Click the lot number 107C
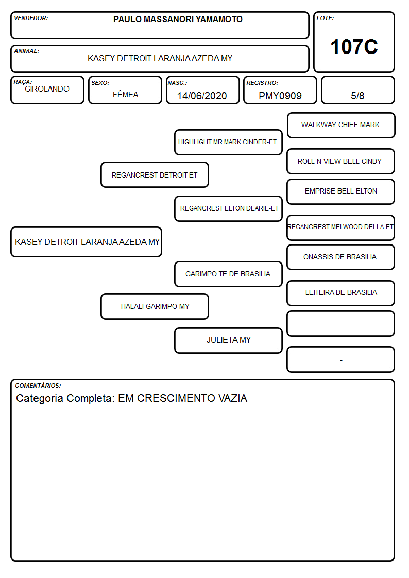354,47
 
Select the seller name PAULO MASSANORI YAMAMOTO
178,19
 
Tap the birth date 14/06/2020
202,96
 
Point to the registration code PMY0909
280,96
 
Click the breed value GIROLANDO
47,89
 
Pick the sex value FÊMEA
125,94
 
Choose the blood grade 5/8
357,96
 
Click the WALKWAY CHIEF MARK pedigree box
341,126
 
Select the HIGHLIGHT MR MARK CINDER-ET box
228,142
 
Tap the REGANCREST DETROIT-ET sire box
155,175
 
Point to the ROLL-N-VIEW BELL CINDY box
341,162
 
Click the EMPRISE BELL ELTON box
341,191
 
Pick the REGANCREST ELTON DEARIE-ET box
228,208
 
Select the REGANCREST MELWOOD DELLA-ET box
341,227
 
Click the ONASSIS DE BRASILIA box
341,257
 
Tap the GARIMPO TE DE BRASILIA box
228,274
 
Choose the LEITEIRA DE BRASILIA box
341,293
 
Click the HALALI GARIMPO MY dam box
155,307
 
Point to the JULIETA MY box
228,340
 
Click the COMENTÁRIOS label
38,386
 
